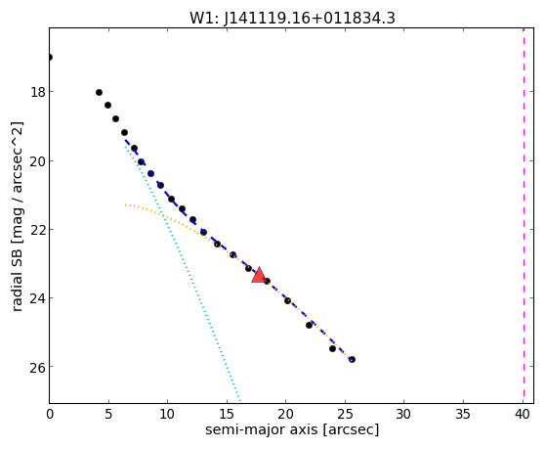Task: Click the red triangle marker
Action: (259, 275)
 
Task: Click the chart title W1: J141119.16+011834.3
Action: (292, 19)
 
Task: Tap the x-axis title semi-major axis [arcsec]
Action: (292, 429)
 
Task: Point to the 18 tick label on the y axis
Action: (37, 93)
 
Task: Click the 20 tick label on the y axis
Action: (37, 161)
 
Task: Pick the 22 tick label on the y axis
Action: (37, 230)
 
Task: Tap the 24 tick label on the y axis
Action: (37, 298)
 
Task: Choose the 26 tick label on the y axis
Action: (37, 367)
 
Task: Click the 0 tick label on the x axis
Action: (50, 414)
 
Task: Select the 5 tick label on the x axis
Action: (108, 414)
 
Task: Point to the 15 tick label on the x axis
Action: (227, 414)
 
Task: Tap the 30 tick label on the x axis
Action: (404, 414)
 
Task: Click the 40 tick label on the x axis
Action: (523, 414)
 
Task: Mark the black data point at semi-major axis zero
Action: (50, 57)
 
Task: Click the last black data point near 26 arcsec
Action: (352, 359)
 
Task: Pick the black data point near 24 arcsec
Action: (332, 348)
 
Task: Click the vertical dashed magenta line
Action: (524, 215)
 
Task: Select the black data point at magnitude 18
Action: (99, 93)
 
